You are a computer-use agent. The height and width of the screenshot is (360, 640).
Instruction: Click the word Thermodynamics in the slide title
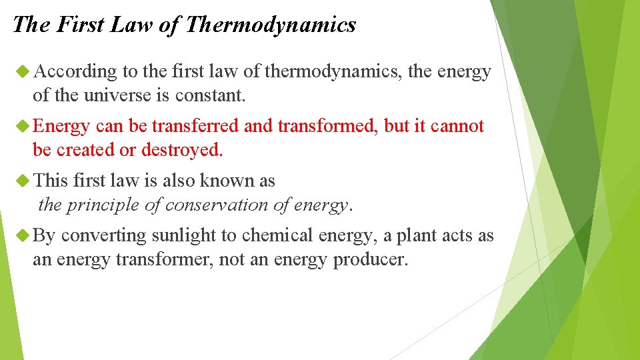point(271,25)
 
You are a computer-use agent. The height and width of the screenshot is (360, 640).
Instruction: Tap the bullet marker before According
point(23,71)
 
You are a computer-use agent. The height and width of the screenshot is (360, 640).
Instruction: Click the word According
point(75,71)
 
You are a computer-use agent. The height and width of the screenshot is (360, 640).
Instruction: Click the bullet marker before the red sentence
point(23,126)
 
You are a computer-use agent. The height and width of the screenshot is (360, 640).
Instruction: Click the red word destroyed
point(181,150)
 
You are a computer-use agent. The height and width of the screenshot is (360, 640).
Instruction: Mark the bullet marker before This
point(23,181)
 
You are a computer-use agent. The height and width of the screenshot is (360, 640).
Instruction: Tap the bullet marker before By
point(23,235)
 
